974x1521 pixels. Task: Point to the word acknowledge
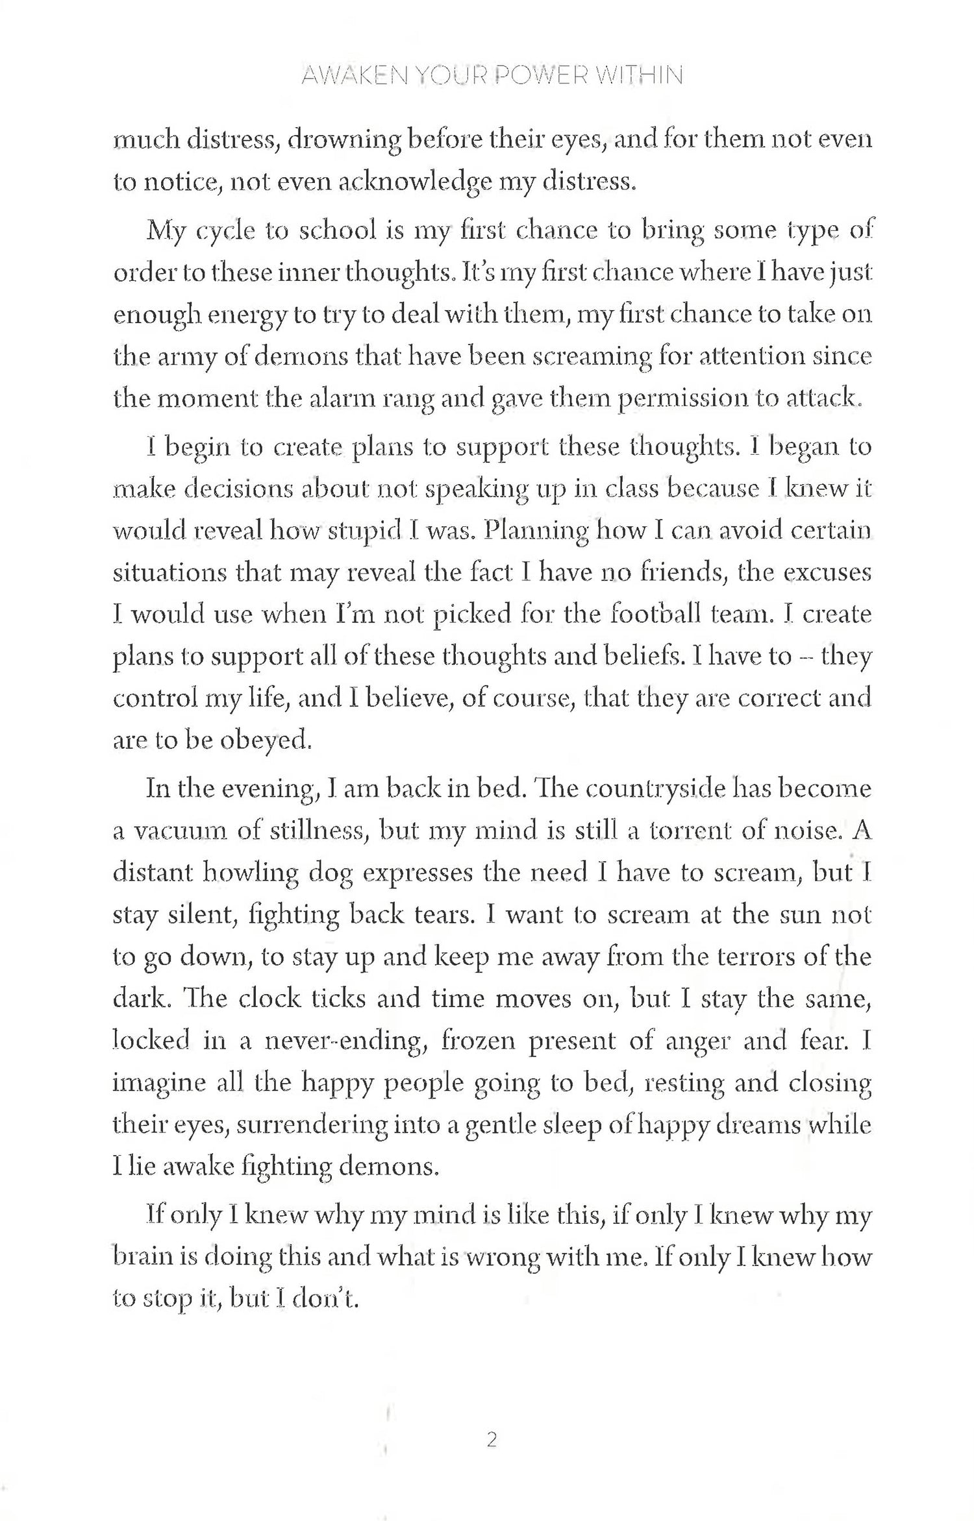click(411, 183)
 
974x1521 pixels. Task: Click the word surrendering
click(311, 1125)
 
